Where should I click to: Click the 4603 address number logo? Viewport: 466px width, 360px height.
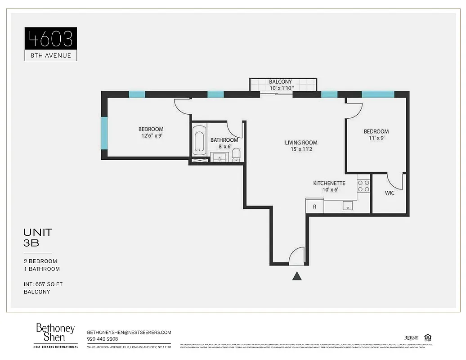(50, 39)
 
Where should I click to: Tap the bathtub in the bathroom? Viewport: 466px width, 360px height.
(198, 140)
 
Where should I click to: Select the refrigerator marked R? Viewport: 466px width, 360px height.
(314, 207)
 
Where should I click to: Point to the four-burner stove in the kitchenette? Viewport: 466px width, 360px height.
(363, 186)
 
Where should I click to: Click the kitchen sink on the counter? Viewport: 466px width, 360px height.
(347, 206)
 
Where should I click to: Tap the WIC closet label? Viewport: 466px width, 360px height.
(390, 193)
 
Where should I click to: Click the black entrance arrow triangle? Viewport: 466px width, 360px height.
(297, 276)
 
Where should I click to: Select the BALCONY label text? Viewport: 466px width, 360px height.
(281, 82)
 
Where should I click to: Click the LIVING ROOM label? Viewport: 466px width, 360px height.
(301, 143)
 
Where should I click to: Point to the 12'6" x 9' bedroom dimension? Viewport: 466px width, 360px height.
(151, 135)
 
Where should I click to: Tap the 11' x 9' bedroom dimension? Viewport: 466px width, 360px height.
(376, 138)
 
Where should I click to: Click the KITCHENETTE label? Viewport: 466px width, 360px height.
(329, 183)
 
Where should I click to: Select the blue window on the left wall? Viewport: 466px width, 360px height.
(104, 134)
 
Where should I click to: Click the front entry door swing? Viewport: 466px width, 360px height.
(297, 256)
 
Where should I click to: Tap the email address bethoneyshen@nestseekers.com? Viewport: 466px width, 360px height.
(129, 332)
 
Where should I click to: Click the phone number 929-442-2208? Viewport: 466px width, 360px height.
(102, 339)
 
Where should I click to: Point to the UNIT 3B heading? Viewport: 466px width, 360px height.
(38, 238)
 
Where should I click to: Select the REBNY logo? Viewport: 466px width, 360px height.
(411, 338)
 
